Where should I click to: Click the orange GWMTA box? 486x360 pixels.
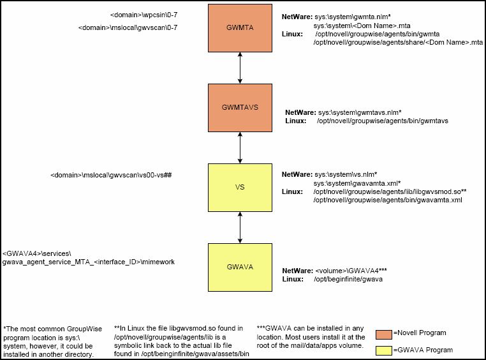pyautogui.click(x=240, y=28)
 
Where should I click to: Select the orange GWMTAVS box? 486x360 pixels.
pyautogui.click(x=240, y=107)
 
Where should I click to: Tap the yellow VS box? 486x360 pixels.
pyautogui.click(x=240, y=187)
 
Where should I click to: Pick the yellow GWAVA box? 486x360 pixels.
pyautogui.click(x=240, y=266)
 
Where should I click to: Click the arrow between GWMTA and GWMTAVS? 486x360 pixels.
pyautogui.click(x=240, y=68)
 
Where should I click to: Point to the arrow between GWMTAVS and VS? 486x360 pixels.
pyautogui.click(x=240, y=147)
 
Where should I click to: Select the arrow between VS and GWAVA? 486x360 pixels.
pyautogui.click(x=240, y=227)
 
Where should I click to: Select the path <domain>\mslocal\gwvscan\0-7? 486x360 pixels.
pyautogui.click(x=128, y=28)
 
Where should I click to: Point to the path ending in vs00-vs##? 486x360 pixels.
pyautogui.click(x=112, y=174)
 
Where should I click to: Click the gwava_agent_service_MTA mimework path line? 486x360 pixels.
pyautogui.click(x=89, y=262)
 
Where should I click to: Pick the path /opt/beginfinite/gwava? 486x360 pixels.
pyautogui.click(x=348, y=280)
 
